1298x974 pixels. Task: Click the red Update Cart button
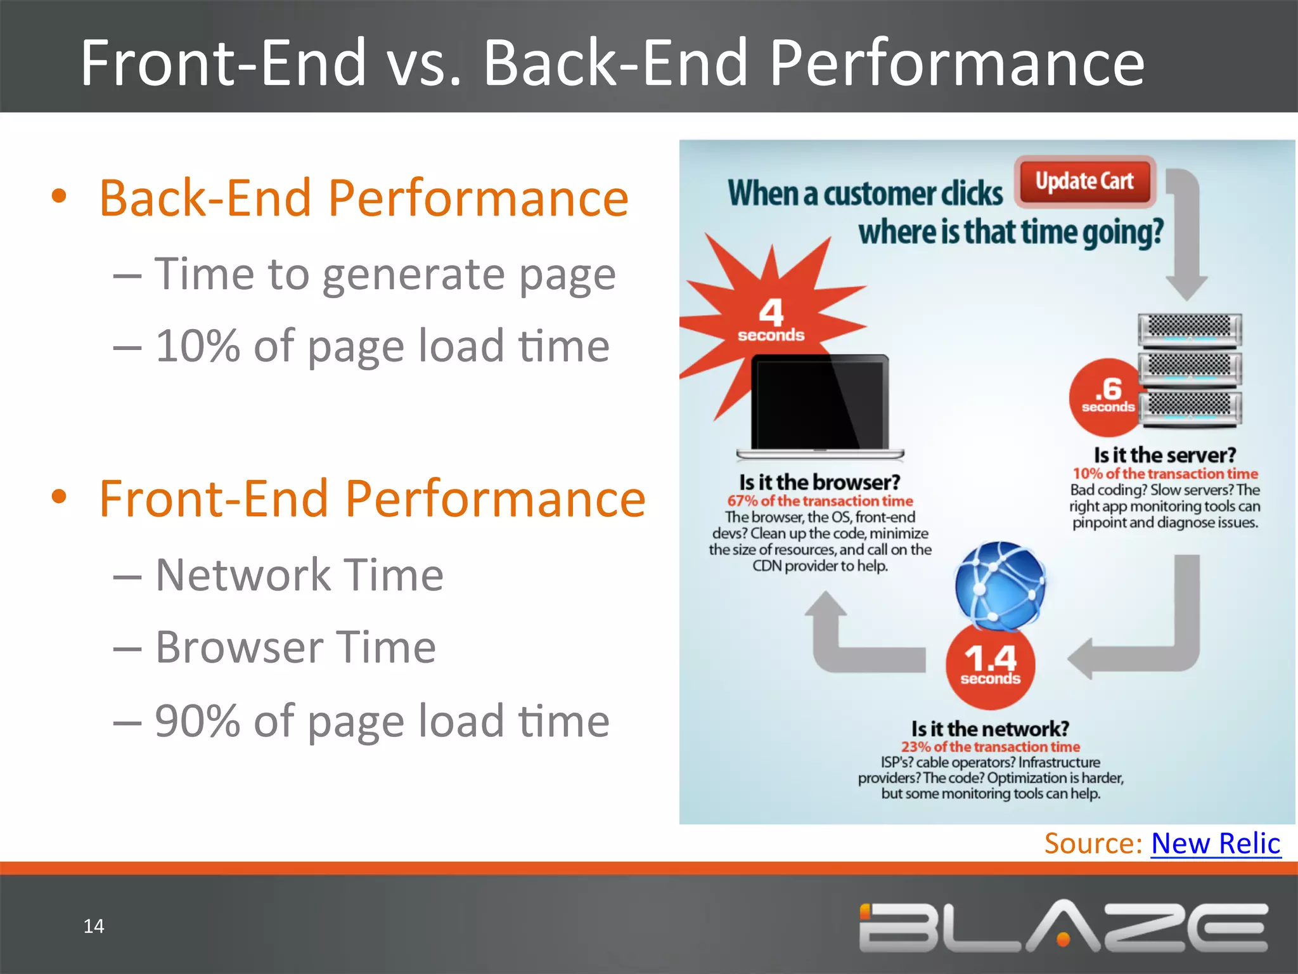(1084, 182)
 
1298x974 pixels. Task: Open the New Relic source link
(1216, 844)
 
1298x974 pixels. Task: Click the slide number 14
(94, 926)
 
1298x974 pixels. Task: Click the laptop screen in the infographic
(819, 403)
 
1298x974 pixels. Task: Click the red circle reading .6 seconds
(1106, 398)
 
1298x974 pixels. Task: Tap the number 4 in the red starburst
(771, 313)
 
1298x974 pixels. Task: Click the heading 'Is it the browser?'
(819, 483)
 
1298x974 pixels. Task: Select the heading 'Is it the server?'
(1164, 455)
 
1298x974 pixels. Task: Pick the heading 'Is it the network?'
(990, 729)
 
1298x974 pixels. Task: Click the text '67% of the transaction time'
(819, 501)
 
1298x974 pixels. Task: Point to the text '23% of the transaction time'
(990, 747)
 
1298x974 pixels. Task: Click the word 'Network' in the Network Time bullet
(243, 575)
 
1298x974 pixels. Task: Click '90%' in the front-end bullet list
(197, 721)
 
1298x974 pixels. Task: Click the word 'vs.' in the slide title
(424, 63)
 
